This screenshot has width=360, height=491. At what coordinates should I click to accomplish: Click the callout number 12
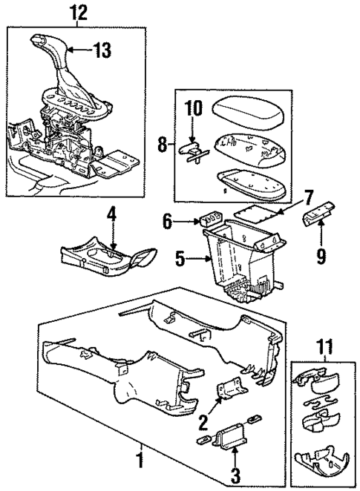coord(78,12)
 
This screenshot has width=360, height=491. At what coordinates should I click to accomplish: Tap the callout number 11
coord(321,345)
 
